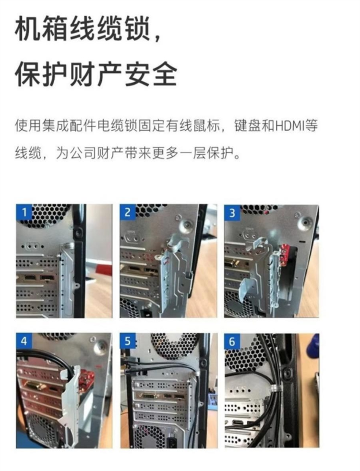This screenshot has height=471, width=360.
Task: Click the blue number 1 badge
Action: point(24,212)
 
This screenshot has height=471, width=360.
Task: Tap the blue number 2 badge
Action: point(127,212)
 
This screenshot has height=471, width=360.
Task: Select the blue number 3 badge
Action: point(232,212)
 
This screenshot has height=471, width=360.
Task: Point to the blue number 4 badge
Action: point(24,341)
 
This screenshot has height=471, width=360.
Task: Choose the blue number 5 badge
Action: point(127,341)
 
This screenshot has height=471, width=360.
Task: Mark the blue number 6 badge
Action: point(232,341)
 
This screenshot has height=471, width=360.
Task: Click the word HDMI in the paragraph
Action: point(291,127)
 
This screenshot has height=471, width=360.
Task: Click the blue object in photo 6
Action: point(314,344)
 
